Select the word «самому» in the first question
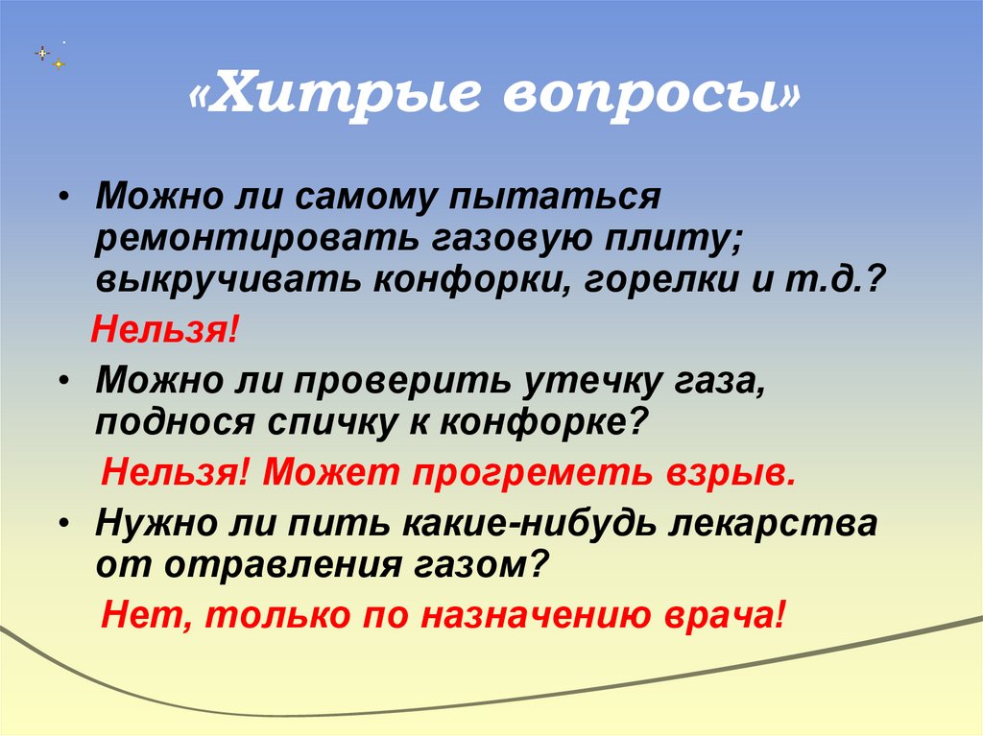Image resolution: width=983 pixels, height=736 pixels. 375,200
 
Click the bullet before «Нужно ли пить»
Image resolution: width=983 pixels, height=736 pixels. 64,524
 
